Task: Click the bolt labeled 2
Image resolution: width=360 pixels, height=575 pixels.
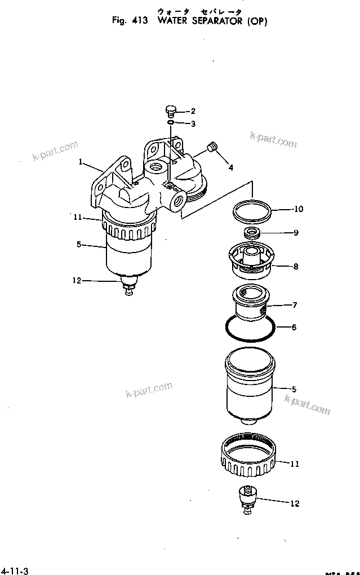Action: (x=171, y=110)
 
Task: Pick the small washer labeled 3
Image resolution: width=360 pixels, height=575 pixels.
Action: (x=171, y=122)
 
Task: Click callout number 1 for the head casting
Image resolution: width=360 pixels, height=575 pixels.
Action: (x=81, y=162)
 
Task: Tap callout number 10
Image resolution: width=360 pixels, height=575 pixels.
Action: (x=298, y=209)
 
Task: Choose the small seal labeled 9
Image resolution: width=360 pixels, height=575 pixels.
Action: (x=252, y=232)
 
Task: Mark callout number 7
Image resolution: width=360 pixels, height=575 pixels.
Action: (x=294, y=305)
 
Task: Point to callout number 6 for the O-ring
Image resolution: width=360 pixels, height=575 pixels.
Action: (x=294, y=327)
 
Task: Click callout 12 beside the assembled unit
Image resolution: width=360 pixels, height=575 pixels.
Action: (x=77, y=280)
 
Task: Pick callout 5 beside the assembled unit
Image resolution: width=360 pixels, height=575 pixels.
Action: (x=79, y=244)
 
